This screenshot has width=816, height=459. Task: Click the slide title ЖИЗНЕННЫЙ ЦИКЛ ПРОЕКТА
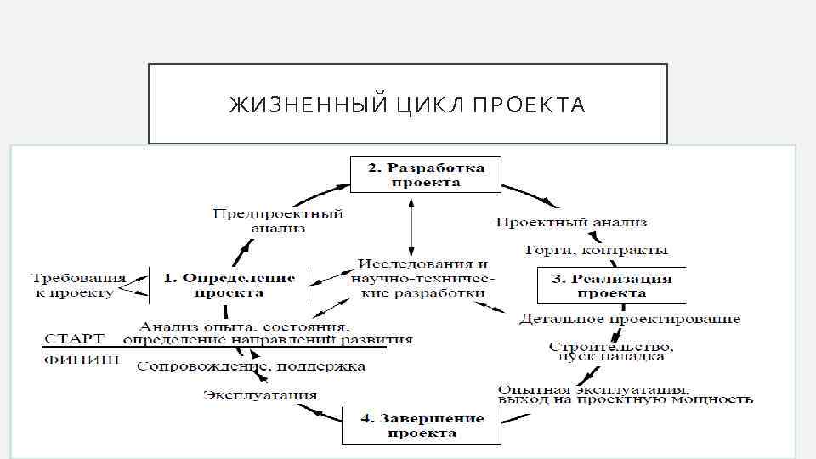point(407,105)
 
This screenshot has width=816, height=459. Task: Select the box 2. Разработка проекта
point(426,175)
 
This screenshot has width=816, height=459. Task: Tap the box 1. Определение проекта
point(229,285)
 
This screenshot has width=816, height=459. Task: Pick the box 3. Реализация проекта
point(611,286)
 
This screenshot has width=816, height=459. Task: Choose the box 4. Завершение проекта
point(422,425)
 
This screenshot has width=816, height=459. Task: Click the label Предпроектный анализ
point(278,220)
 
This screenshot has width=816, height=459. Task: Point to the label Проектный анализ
point(571,222)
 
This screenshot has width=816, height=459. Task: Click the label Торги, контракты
point(596,251)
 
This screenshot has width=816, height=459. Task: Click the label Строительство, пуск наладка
point(611,352)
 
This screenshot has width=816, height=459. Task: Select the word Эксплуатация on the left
point(260,394)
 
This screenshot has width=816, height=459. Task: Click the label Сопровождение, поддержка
point(252,366)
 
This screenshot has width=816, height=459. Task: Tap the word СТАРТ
point(75,337)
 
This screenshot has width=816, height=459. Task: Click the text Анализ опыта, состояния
point(244,326)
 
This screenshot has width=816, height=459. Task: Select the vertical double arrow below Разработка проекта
point(411,226)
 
